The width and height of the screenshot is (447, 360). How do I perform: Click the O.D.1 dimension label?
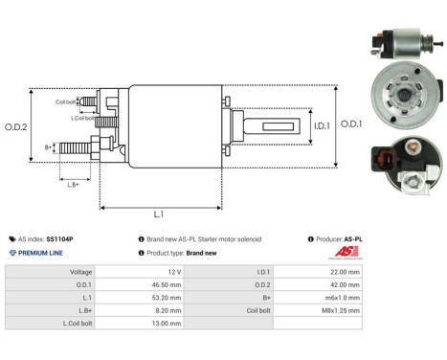click(351, 124)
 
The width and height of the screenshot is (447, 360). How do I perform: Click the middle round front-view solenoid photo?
click(401, 97)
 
